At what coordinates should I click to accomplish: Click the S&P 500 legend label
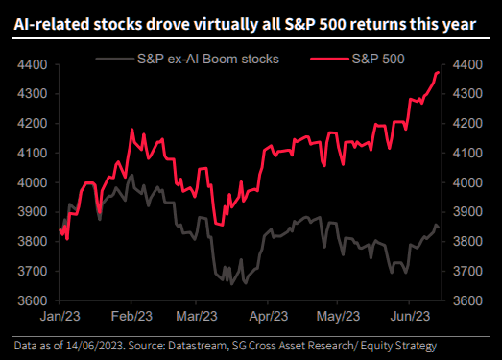(378, 59)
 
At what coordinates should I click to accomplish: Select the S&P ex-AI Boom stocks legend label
(208, 59)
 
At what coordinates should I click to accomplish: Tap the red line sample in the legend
(330, 59)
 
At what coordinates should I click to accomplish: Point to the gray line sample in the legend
(115, 59)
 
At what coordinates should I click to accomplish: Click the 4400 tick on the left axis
(33, 64)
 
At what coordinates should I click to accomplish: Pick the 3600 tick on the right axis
(467, 300)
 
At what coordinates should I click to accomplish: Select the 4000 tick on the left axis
(33, 182)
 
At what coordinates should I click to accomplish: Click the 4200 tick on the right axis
(467, 123)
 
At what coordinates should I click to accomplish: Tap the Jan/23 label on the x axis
(60, 317)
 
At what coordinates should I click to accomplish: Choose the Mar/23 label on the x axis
(197, 317)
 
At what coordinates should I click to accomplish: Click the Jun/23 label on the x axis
(410, 317)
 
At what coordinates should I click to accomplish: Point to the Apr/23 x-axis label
(269, 317)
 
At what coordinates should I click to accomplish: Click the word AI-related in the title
(51, 25)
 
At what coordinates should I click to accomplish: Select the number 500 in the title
(331, 25)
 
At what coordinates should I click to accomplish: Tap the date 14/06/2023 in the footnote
(95, 346)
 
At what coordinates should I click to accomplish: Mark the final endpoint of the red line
(438, 73)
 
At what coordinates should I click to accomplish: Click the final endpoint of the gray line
(438, 228)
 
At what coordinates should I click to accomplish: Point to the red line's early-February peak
(131, 130)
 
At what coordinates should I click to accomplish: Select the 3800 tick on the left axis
(33, 242)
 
